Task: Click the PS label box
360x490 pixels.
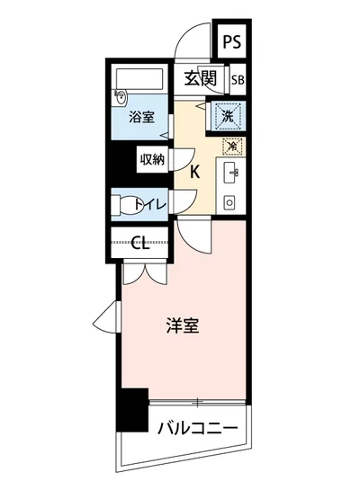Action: pos(232,41)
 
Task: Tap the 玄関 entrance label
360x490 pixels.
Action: pos(201,78)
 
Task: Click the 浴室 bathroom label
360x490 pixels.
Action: pos(139,117)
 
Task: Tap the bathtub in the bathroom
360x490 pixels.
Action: pos(139,80)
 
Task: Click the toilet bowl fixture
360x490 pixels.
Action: pos(124,203)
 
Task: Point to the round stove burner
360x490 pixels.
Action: pos(229,202)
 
